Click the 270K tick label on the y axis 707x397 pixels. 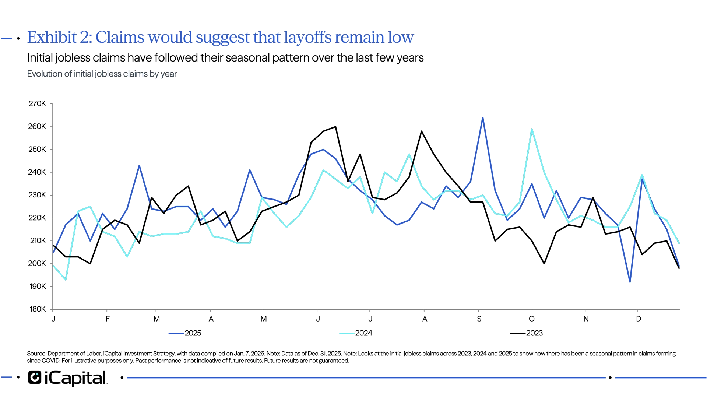point(38,104)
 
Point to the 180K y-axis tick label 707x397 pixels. point(38,309)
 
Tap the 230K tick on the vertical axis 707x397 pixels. point(38,195)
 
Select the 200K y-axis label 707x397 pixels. point(38,263)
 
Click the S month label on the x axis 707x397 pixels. point(479,319)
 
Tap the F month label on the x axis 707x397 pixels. point(108,319)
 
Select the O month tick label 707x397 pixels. point(532,319)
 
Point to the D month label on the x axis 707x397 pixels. point(639,319)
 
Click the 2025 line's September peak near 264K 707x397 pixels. point(483,117)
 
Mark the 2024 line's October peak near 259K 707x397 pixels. point(532,129)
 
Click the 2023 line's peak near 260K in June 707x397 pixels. point(335,126)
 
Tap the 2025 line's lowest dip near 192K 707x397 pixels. point(630,282)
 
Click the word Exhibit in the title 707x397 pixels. point(52,37)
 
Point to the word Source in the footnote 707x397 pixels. point(36,354)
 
